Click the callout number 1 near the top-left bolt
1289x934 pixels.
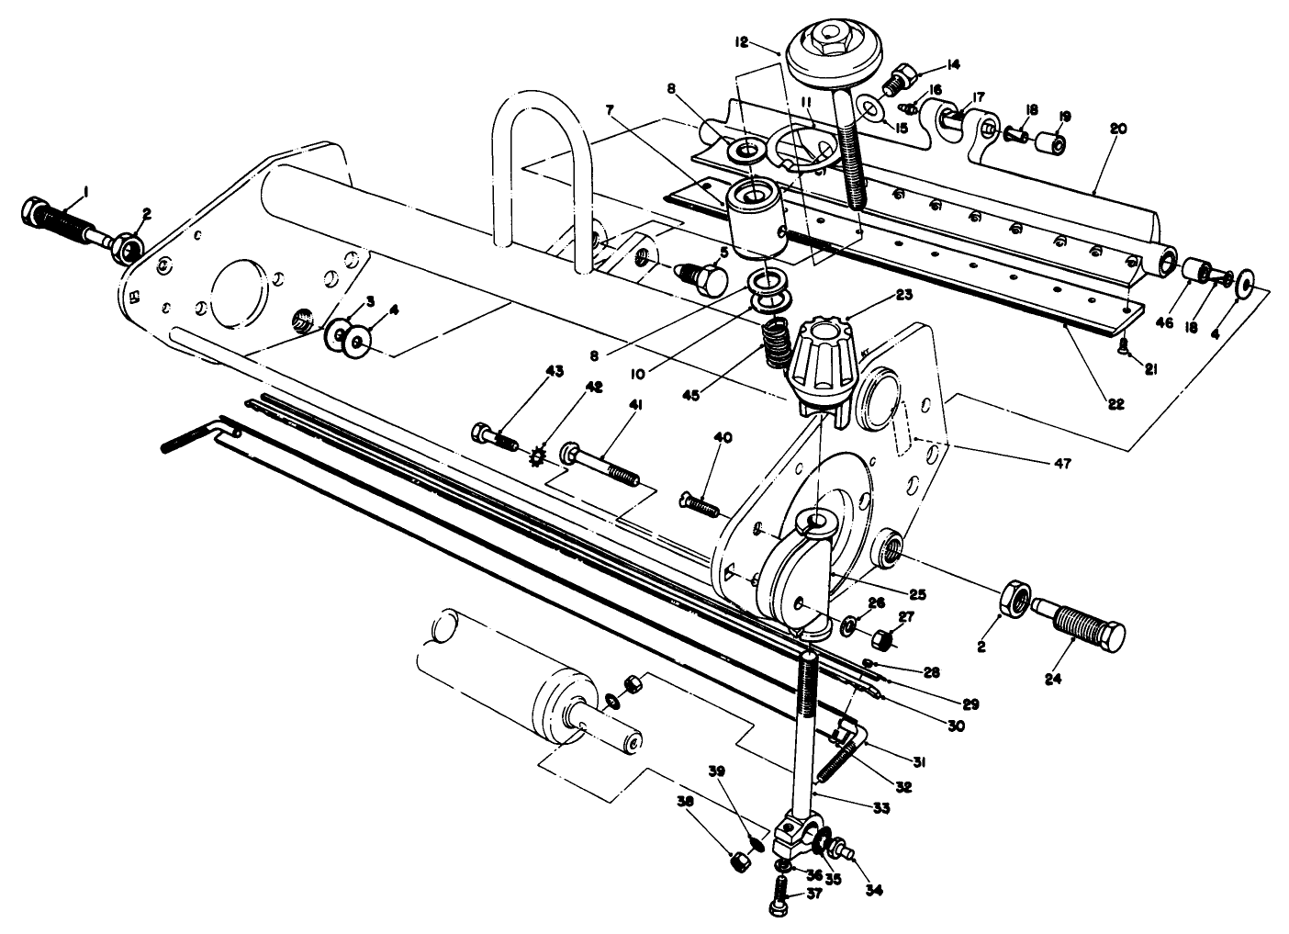(x=85, y=190)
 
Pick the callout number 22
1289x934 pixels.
(x=1115, y=404)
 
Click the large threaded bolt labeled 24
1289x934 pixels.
(x=1090, y=632)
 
